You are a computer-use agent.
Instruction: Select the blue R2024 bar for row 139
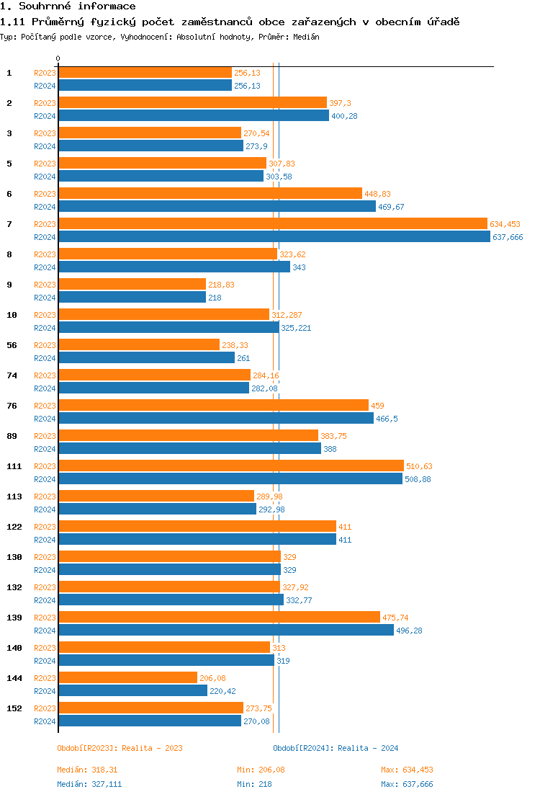tap(225, 631)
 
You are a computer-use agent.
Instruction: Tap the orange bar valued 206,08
tap(127, 678)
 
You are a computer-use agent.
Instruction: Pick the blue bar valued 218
tap(132, 298)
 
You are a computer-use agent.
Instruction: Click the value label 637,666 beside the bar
tap(507, 237)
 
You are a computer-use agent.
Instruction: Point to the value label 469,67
tap(392, 207)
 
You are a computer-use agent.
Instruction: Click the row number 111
tap(14, 466)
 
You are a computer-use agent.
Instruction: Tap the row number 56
tap(12, 345)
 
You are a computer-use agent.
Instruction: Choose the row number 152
tap(14, 708)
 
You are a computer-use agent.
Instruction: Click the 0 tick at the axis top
tap(58, 59)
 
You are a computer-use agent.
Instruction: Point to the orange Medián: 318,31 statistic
tap(87, 770)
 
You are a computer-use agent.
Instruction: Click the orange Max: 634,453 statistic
tap(407, 770)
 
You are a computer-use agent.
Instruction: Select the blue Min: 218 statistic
tap(254, 784)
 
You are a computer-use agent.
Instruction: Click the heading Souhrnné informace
tap(68, 6)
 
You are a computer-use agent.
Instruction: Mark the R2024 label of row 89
tap(45, 449)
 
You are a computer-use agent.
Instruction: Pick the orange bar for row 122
tap(197, 527)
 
